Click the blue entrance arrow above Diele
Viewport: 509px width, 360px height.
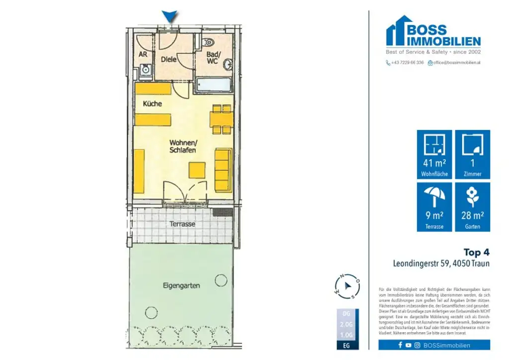pos(170,17)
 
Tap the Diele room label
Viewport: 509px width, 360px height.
pos(169,60)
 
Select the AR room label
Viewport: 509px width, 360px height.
pos(143,54)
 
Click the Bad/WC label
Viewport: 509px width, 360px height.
pos(213,58)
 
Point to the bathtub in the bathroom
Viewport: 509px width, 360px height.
pos(213,85)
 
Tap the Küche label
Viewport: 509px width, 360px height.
pos(152,104)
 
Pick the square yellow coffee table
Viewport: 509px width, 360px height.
pos(196,170)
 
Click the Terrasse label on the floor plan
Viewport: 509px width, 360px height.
pos(182,224)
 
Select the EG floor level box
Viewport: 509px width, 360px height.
pos(346,344)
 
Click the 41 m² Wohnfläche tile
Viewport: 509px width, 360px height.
pos(434,155)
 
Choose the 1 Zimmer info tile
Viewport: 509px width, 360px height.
pos(472,155)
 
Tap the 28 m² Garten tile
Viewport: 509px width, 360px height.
pos(472,207)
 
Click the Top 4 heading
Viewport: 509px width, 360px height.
pos(476,252)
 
